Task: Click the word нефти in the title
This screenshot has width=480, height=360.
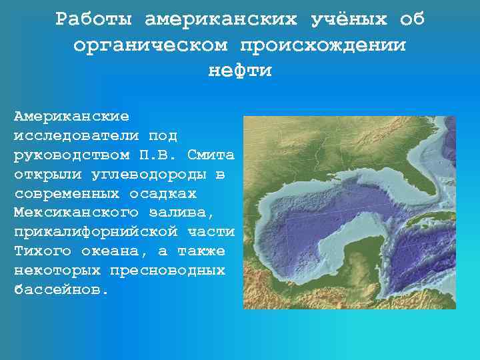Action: point(240,71)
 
